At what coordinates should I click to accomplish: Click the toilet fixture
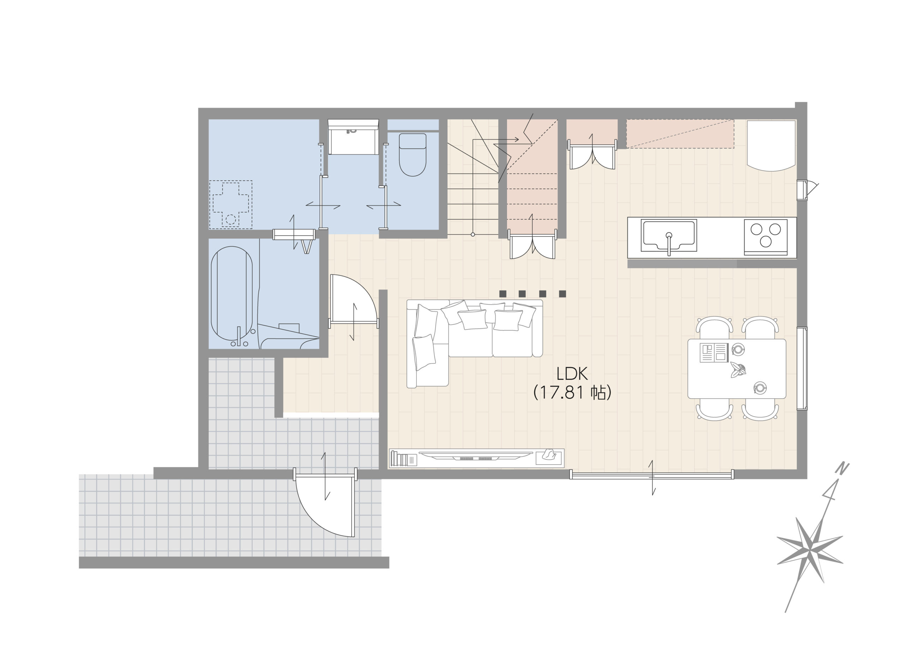[x=412, y=155]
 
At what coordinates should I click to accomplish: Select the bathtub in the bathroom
[x=232, y=294]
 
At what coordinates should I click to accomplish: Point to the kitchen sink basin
[x=669, y=235]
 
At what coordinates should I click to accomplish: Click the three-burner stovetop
[x=766, y=237]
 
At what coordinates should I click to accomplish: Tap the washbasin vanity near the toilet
[x=353, y=136]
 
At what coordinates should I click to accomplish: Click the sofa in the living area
[x=474, y=343]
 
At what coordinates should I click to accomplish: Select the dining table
[x=737, y=369]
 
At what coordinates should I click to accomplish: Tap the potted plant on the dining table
[x=738, y=370]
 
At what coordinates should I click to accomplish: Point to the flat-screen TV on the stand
[x=476, y=455]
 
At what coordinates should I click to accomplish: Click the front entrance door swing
[x=325, y=504]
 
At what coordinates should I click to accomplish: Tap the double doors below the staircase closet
[x=533, y=244]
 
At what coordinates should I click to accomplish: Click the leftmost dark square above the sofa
[x=503, y=294]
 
